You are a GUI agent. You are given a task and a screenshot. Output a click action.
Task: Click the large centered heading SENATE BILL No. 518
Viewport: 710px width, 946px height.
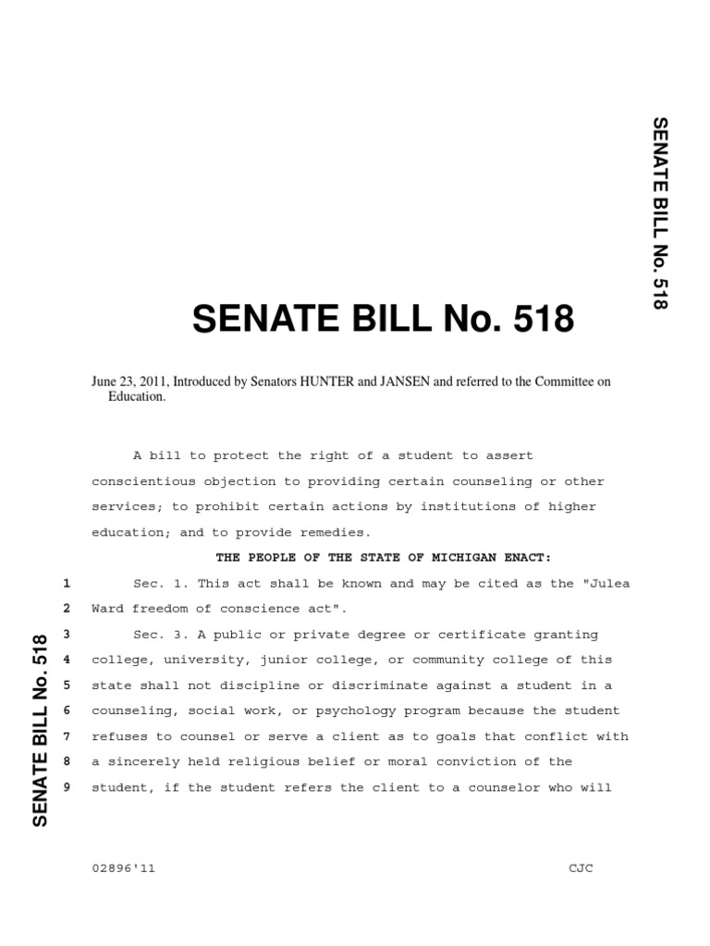pyautogui.click(x=383, y=321)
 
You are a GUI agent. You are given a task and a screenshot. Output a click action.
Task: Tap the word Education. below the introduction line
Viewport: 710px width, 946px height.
pyautogui.click(x=138, y=395)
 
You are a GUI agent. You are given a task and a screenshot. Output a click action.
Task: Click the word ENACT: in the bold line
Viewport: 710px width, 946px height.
pyautogui.click(x=526, y=558)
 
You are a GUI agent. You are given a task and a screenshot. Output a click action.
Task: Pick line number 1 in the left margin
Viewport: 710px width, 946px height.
pyautogui.click(x=67, y=584)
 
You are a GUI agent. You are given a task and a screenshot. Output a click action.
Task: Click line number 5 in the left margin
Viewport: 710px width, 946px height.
pyautogui.click(x=67, y=685)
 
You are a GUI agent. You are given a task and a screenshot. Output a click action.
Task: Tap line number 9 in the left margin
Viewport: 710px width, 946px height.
pyautogui.click(x=67, y=787)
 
